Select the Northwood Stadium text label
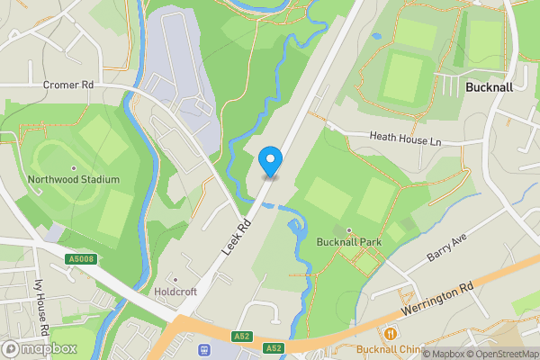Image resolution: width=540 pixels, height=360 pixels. click(x=74, y=180)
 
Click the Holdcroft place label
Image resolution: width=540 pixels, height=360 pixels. click(x=176, y=292)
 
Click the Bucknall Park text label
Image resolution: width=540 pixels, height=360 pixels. click(x=349, y=242)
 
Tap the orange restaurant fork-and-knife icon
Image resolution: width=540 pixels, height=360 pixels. click(x=391, y=334)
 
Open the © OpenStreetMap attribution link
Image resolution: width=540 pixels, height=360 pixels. click(x=496, y=354)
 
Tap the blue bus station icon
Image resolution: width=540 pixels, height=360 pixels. click(x=204, y=348)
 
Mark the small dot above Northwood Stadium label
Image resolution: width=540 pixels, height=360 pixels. click(x=75, y=168)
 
